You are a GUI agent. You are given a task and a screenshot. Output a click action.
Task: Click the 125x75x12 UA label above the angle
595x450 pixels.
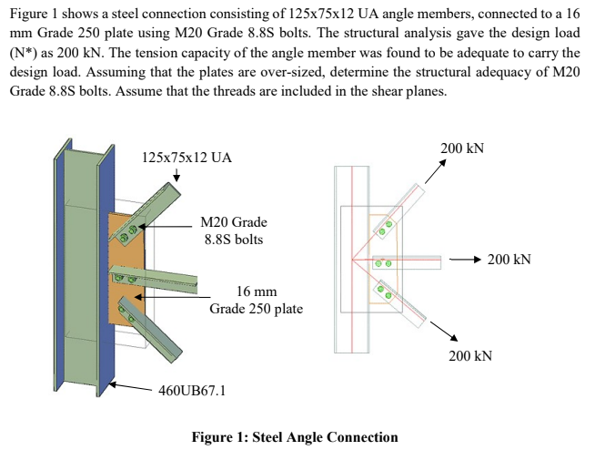[x=187, y=158]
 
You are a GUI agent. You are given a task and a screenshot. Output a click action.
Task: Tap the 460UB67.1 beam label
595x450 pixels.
[x=192, y=390]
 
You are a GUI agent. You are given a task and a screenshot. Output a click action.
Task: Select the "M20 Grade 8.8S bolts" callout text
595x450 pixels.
[x=234, y=230]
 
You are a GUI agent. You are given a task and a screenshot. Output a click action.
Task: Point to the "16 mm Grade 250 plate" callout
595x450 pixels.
[x=257, y=300]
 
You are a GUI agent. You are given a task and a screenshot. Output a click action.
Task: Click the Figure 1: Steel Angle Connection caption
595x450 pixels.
[x=295, y=437]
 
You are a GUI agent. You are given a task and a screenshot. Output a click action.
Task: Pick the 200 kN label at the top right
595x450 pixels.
[x=462, y=148]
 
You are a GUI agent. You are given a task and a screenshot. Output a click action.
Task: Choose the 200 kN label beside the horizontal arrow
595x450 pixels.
[x=509, y=260]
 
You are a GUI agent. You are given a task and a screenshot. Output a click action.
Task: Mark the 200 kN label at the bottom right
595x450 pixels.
[x=470, y=356]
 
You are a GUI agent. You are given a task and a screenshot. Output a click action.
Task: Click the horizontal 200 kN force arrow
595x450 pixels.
[x=466, y=260]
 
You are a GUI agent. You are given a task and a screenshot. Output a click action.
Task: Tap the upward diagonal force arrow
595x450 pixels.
[x=435, y=171]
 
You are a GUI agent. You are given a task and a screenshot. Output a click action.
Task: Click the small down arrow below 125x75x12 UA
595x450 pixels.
[x=176, y=175]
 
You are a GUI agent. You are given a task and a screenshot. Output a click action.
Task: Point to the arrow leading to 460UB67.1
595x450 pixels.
[x=130, y=386]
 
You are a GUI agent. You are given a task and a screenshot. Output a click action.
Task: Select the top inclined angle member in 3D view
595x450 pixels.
[x=145, y=212]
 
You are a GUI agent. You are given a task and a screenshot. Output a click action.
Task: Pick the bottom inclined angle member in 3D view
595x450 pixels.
[x=151, y=329]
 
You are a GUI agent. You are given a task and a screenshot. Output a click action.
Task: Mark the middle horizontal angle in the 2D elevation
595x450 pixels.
[x=407, y=262]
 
